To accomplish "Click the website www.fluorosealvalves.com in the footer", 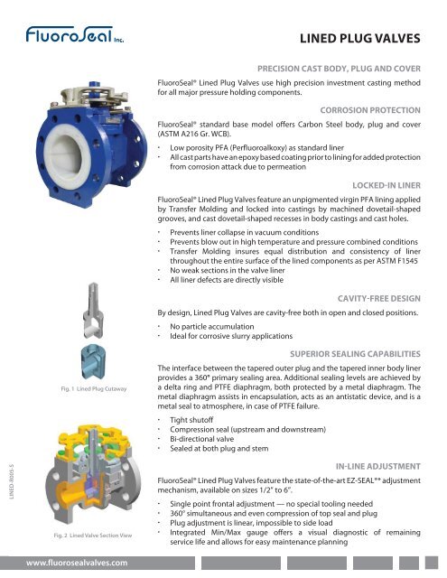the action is point(76,562).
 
